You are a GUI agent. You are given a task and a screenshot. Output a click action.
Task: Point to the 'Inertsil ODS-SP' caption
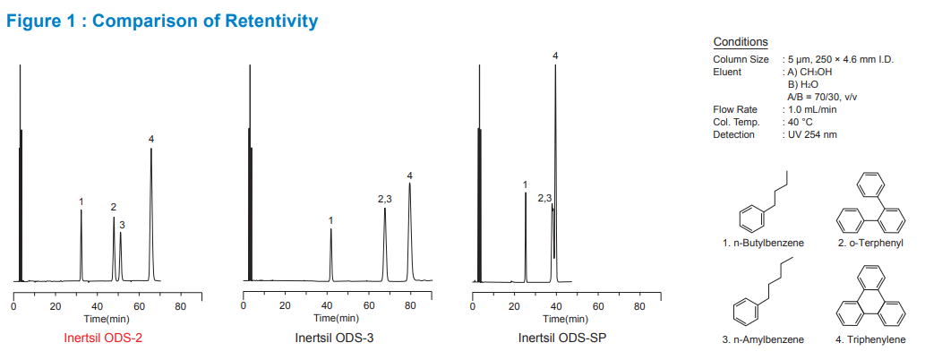559,339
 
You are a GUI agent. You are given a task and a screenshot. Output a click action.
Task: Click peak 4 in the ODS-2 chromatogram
151,215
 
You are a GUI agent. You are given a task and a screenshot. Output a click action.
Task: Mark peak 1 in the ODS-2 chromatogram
81,246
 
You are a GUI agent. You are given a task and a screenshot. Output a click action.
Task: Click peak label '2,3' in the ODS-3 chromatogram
385,199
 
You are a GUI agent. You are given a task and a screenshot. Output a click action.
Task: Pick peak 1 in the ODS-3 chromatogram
331,255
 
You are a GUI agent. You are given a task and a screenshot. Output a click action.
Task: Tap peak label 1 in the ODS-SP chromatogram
526,184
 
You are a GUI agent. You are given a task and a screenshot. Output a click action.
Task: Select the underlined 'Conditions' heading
741,42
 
